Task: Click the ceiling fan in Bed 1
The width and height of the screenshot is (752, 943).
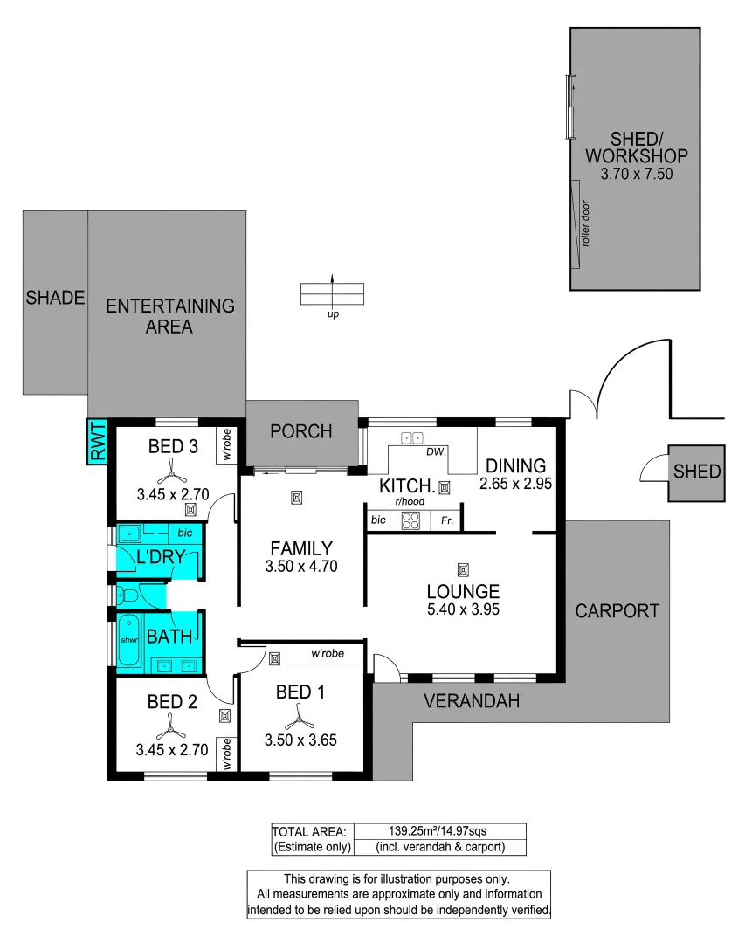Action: pyautogui.click(x=300, y=719)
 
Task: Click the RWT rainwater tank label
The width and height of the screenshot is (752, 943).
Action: pyautogui.click(x=97, y=441)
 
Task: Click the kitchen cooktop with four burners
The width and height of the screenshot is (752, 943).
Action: pyautogui.click(x=410, y=520)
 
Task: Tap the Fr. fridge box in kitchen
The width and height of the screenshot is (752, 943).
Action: pyautogui.click(x=446, y=520)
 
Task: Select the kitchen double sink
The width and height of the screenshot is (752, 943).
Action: pyautogui.click(x=411, y=438)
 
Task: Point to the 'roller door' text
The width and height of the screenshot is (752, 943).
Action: pyautogui.click(x=586, y=224)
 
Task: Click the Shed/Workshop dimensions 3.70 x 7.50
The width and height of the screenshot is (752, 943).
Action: pyautogui.click(x=637, y=175)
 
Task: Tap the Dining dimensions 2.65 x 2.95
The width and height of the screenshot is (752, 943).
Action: pyautogui.click(x=515, y=484)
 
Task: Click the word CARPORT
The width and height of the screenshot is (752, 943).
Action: pyautogui.click(x=617, y=610)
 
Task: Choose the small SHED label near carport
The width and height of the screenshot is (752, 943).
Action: pyautogui.click(x=697, y=471)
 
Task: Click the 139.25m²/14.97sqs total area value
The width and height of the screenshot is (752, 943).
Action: pyautogui.click(x=439, y=830)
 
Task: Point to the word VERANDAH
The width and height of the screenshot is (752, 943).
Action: pyautogui.click(x=472, y=700)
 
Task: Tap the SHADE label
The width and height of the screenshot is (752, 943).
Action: pyautogui.click(x=55, y=298)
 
